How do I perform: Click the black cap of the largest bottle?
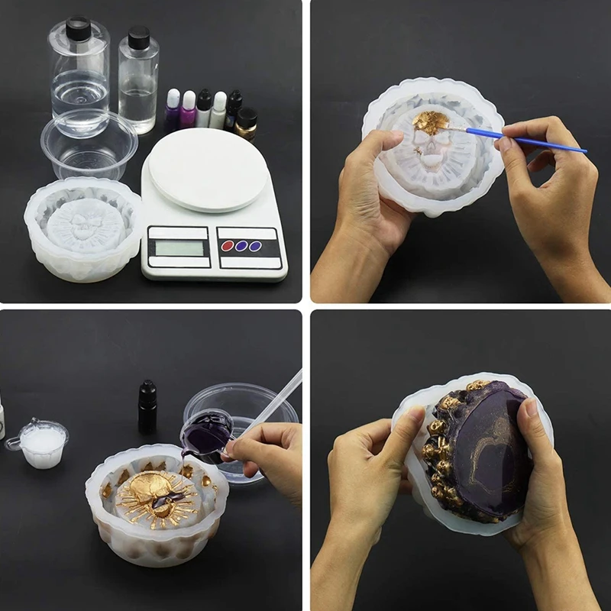pyautogui.click(x=77, y=28)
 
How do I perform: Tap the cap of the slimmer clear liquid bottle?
pyautogui.click(x=138, y=37)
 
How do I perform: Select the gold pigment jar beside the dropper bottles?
pyautogui.click(x=247, y=120)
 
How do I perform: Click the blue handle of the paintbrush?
pyautogui.click(x=527, y=141)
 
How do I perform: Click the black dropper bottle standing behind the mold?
pyautogui.click(x=147, y=406)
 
